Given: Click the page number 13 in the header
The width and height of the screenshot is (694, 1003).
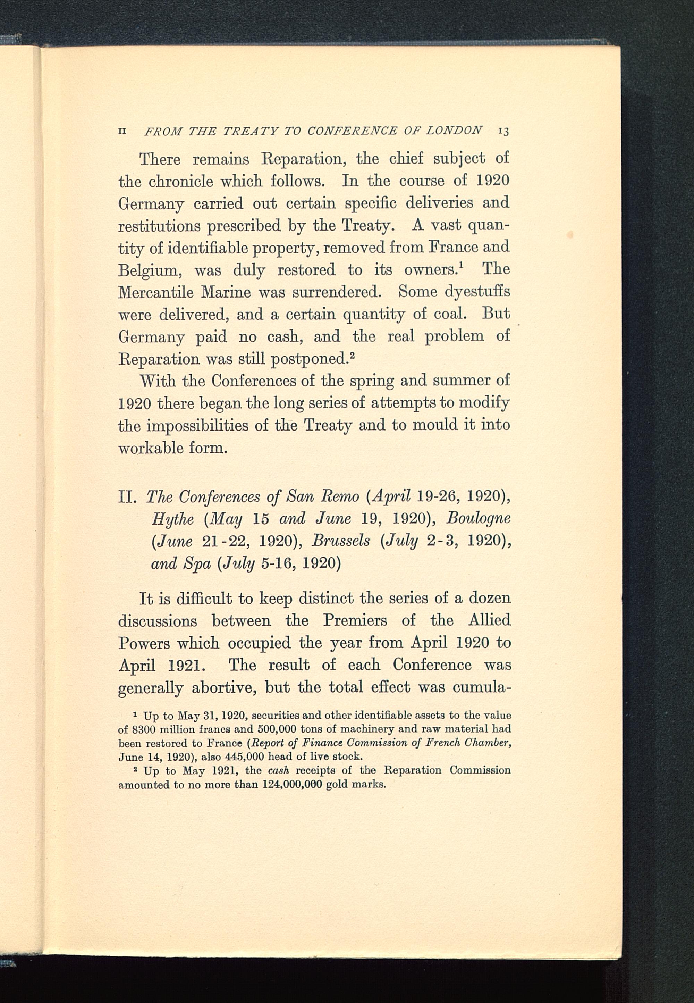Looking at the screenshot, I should pyautogui.click(x=503, y=131).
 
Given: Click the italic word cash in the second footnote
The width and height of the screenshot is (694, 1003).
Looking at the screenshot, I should pyautogui.click(x=279, y=770).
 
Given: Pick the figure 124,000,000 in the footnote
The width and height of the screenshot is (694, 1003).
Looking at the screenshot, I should pyautogui.click(x=293, y=785).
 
